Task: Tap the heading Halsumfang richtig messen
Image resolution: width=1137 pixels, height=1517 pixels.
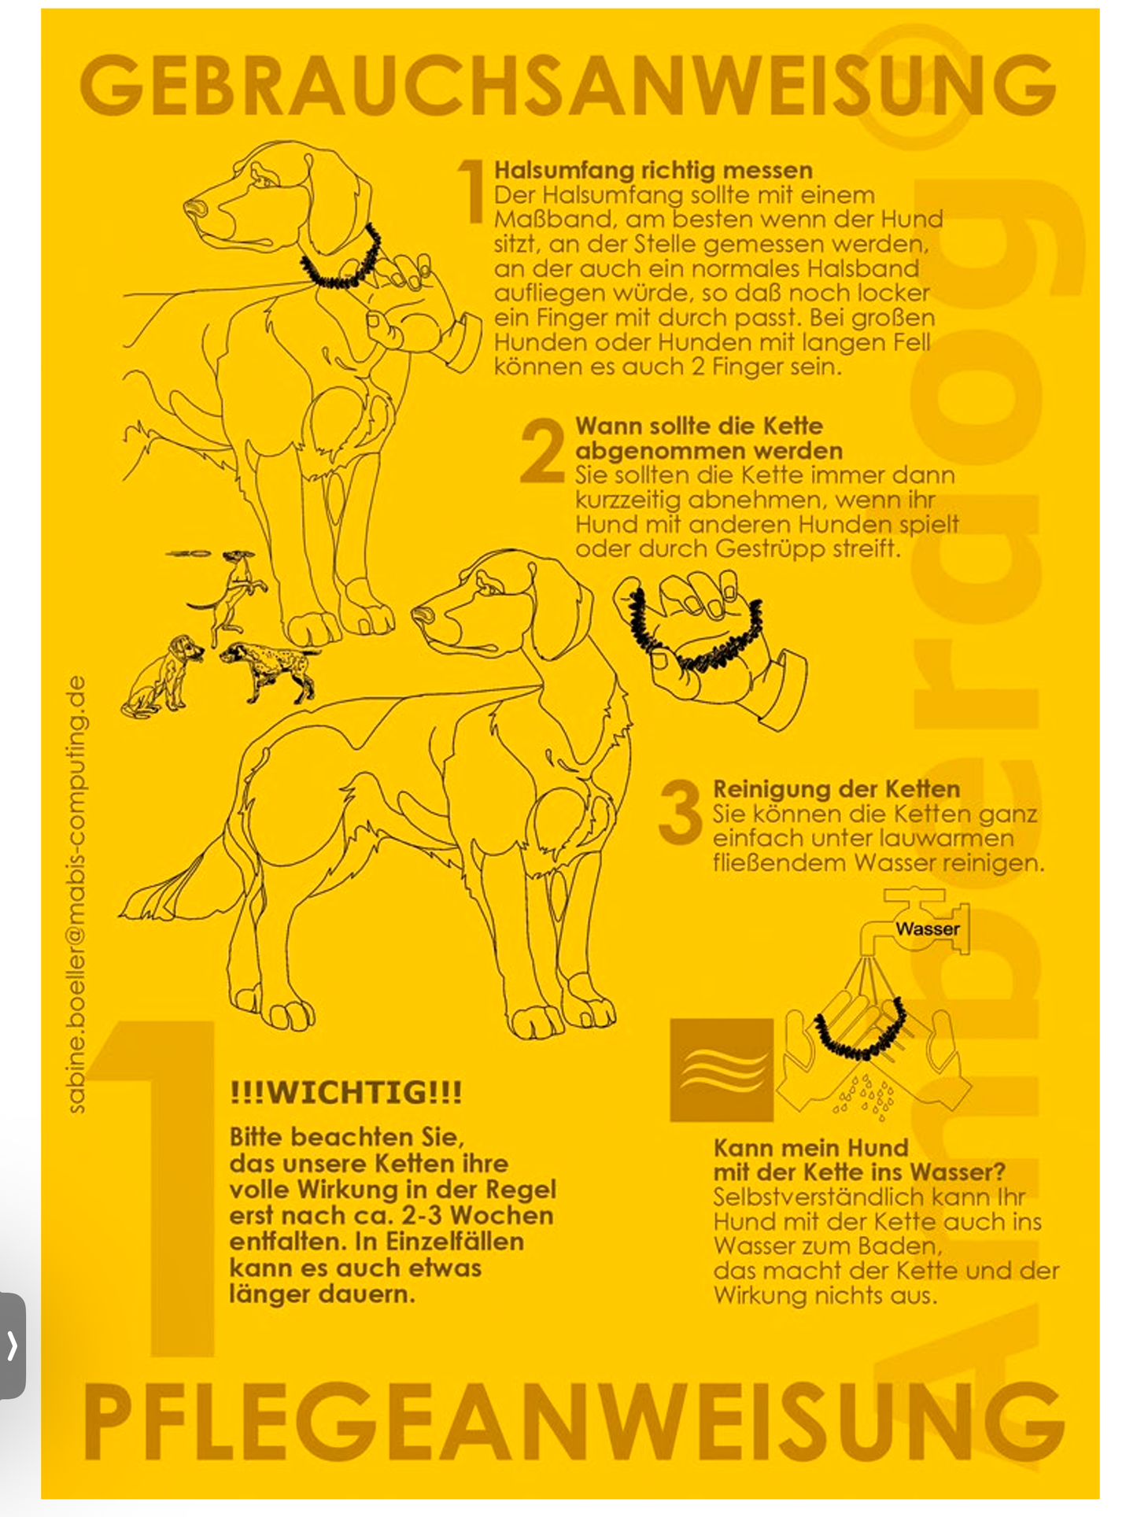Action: click(653, 170)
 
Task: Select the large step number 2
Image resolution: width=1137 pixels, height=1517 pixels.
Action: click(542, 451)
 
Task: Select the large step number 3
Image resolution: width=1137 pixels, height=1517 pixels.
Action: click(680, 812)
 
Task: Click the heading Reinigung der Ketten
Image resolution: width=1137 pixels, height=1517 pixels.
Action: click(836, 788)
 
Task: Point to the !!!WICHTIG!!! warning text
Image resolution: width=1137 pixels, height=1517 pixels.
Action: click(346, 1092)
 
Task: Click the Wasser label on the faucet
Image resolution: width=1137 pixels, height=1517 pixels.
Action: click(927, 928)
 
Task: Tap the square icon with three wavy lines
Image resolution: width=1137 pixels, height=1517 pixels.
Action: click(722, 1070)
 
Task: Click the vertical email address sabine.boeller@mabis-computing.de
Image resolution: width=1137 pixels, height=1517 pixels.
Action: click(76, 893)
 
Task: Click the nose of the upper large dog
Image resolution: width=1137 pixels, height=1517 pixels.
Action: click(194, 209)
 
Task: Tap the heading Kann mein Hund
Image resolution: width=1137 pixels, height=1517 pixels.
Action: click(810, 1147)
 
